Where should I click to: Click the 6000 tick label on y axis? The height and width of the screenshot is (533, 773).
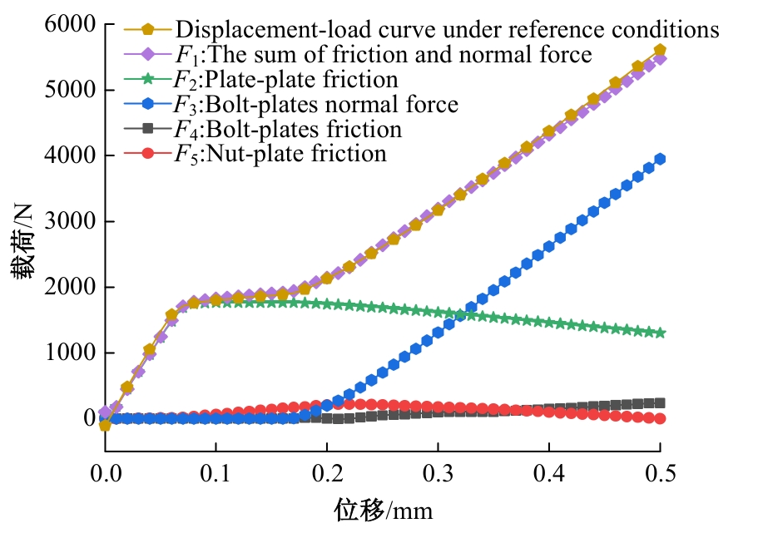pyautogui.click(x=67, y=25)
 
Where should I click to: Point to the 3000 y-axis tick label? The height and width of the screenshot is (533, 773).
pyautogui.click(x=67, y=221)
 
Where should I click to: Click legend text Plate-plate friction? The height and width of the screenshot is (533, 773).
pyautogui.click(x=301, y=80)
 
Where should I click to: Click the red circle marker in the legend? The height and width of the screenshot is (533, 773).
pyautogui.click(x=147, y=154)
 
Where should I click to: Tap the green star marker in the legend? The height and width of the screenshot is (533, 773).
pyautogui.click(x=147, y=80)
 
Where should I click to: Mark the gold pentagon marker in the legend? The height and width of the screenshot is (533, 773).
pyautogui.click(x=147, y=30)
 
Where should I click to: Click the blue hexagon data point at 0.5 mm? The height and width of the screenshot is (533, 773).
pyautogui.click(x=660, y=159)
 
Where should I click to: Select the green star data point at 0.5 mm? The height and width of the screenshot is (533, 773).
pyautogui.click(x=660, y=333)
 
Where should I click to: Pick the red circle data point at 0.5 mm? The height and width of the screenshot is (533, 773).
pyautogui.click(x=660, y=418)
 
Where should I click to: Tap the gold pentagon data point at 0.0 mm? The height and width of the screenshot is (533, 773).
pyautogui.click(x=105, y=425)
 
